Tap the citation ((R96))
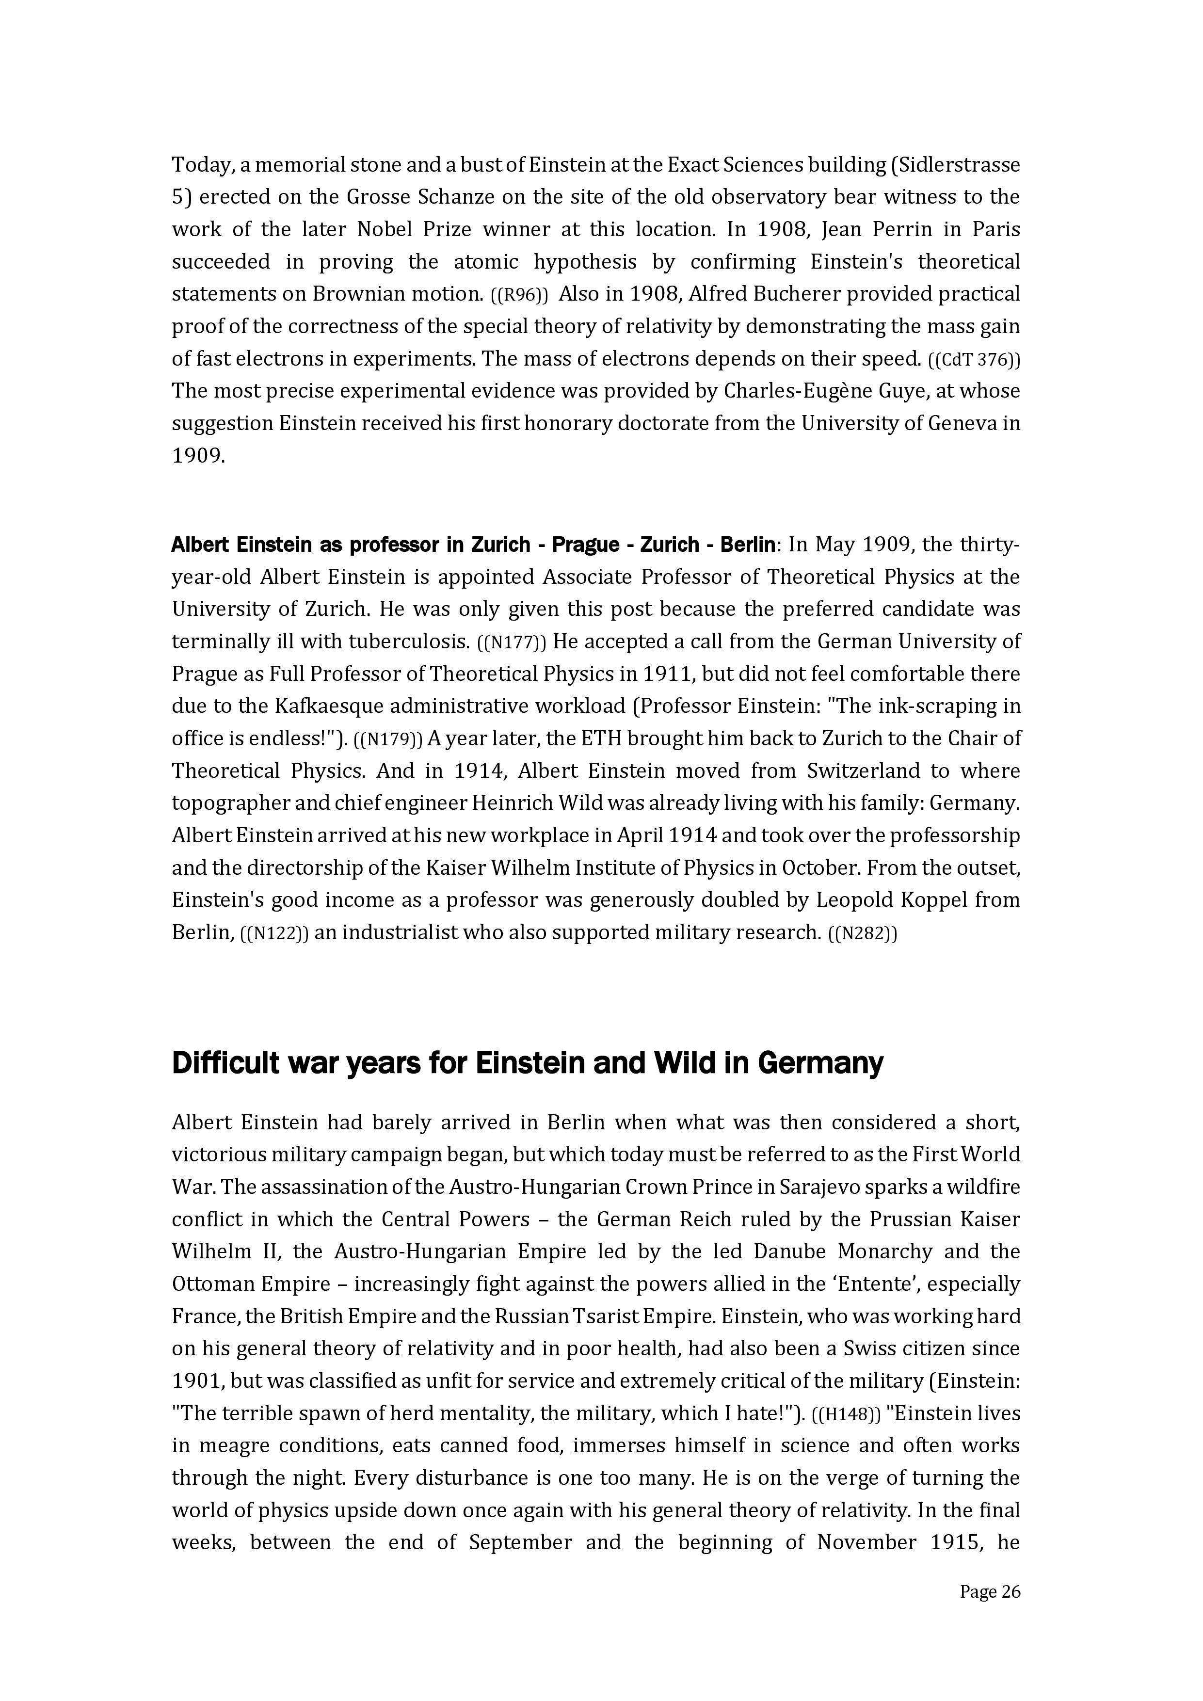(519, 295)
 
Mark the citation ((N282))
(862, 933)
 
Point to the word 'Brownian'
(354, 294)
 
